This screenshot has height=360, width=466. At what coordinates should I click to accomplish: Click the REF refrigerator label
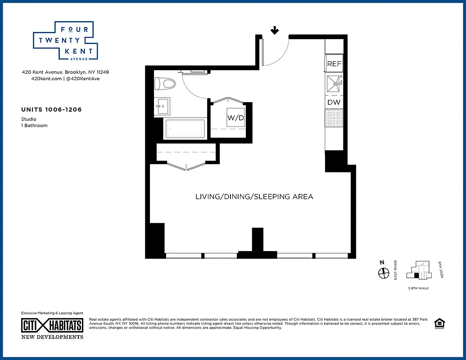[x=334, y=64]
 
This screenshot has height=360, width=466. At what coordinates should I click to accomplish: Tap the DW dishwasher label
[x=334, y=102]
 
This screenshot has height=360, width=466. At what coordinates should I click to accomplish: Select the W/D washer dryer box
[x=235, y=118]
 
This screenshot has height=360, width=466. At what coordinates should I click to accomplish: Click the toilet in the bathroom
[x=165, y=84]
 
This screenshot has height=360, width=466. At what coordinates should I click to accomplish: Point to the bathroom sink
[x=162, y=107]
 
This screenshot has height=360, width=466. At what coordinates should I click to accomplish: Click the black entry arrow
[x=274, y=31]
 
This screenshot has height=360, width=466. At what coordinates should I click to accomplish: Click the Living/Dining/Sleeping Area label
[x=254, y=197]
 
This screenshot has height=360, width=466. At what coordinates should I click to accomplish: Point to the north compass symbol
[x=383, y=273]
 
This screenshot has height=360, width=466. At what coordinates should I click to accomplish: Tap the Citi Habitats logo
[x=52, y=325]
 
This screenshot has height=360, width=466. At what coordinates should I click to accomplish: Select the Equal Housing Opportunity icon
[x=438, y=324]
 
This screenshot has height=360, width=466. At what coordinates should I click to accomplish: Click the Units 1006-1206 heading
[x=51, y=109]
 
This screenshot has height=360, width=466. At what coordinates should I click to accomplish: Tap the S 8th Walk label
[x=418, y=288]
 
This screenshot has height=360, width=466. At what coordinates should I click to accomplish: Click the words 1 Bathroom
[x=34, y=126]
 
